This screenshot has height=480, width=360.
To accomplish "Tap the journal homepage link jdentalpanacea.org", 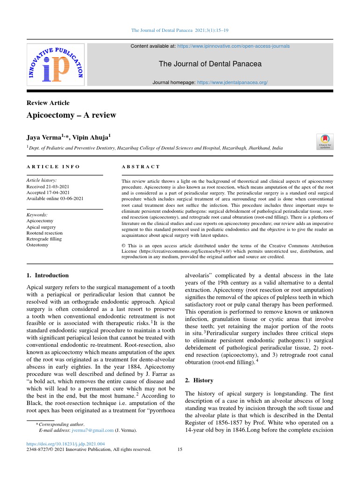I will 232,82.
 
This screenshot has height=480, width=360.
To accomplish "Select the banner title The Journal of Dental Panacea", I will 210,64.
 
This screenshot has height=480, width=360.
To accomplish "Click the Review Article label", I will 48,103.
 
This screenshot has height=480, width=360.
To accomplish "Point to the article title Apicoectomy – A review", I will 71,115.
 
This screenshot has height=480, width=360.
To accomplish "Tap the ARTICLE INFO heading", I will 53,166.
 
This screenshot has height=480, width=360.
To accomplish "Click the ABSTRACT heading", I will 141,166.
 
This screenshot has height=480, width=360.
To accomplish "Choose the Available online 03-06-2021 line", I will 55,198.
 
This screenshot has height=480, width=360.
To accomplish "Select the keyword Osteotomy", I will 37,245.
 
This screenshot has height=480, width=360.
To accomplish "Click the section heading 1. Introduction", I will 47,275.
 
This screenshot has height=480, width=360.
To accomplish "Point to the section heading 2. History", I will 199,380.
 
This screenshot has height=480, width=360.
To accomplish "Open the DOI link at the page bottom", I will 66,443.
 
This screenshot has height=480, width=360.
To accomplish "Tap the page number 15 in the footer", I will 180,450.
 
